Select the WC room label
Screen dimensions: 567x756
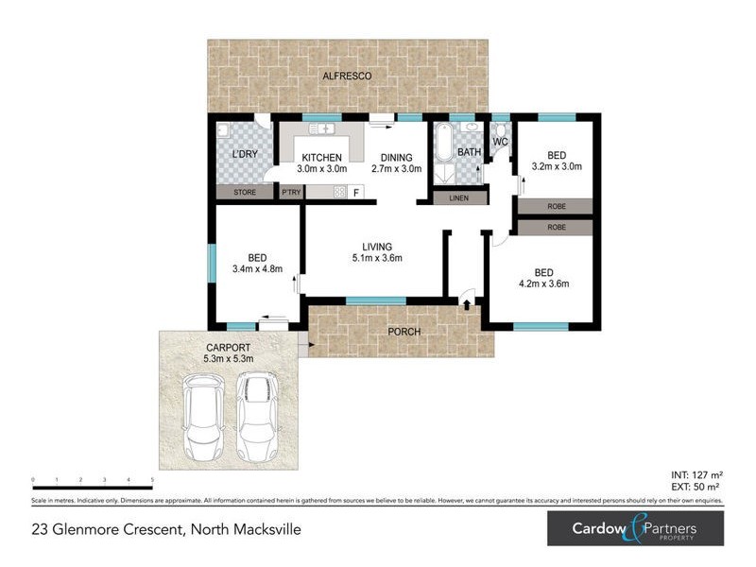[501, 143]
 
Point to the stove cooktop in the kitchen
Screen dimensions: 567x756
[339, 193]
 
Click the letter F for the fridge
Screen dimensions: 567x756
[356, 193]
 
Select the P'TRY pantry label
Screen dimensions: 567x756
[291, 193]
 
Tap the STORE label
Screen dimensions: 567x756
[245, 193]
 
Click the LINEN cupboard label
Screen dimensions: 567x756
[459, 198]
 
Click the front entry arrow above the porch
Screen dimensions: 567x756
[467, 303]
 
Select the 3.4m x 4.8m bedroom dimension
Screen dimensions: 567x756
[257, 268]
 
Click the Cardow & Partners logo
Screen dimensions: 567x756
[635, 528]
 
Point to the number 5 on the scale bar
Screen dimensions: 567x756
[153, 480]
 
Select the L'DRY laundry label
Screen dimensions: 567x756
[245, 153]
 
